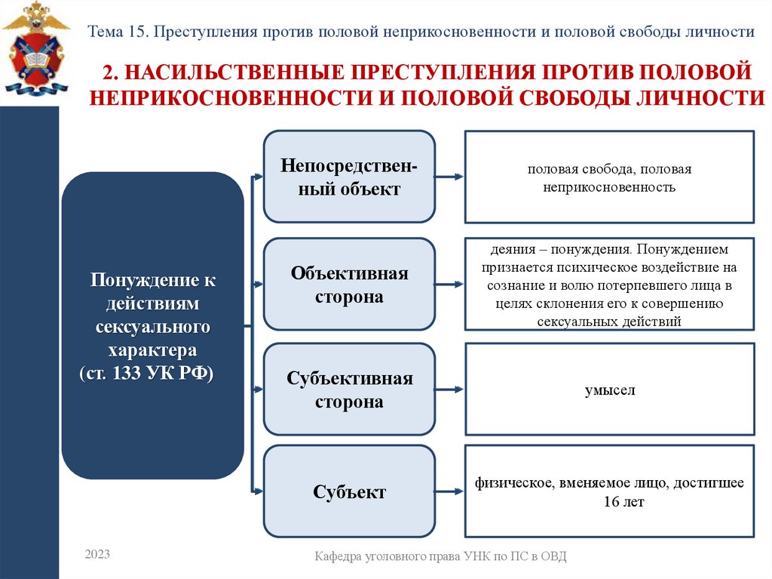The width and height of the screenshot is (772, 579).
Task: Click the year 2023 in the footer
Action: click(97, 555)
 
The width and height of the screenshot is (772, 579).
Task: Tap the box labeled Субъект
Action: click(349, 492)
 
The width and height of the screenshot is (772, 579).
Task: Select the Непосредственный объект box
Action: click(349, 177)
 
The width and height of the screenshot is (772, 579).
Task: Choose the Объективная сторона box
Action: click(349, 285)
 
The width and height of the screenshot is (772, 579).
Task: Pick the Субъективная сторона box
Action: click(349, 390)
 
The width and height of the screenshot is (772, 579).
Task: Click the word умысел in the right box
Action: click(610, 390)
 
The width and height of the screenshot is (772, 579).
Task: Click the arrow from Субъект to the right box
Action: click(450, 493)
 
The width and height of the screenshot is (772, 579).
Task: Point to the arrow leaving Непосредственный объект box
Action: click(450, 177)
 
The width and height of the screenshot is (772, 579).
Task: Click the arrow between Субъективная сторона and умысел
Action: click(450, 390)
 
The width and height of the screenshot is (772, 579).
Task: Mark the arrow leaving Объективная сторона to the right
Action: click(450, 285)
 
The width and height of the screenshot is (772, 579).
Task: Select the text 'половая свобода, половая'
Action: click(609, 169)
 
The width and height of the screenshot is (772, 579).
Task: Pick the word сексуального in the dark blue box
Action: click(152, 328)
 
